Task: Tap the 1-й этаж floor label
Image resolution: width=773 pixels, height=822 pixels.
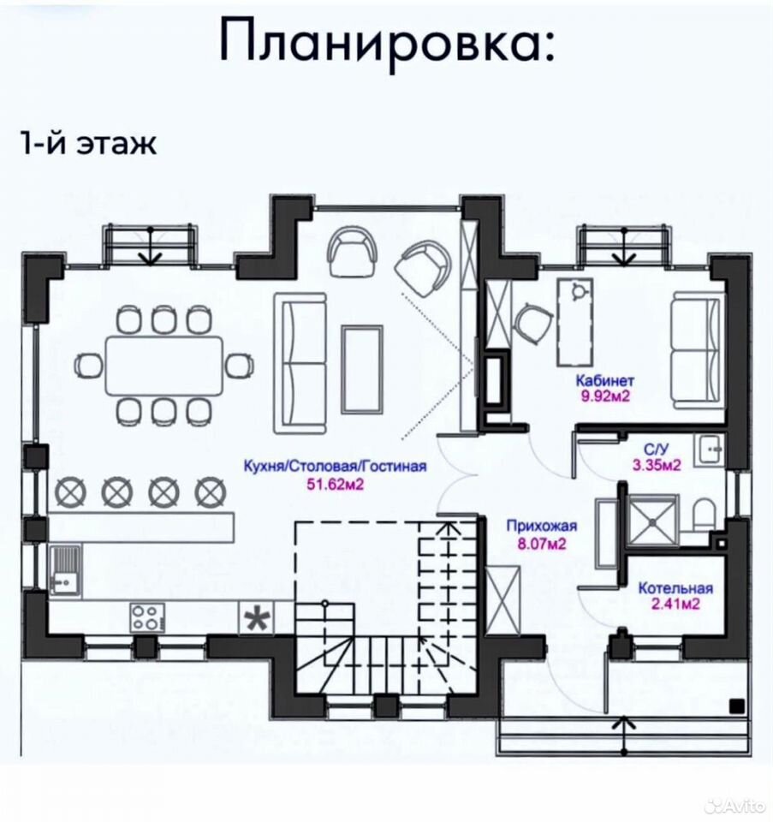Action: pyautogui.click(x=88, y=143)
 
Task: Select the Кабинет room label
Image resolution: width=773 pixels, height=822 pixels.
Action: pyautogui.click(x=604, y=380)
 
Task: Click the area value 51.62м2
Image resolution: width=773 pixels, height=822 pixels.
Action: pyautogui.click(x=335, y=484)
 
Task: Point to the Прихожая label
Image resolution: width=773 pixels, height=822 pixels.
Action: pyautogui.click(x=541, y=526)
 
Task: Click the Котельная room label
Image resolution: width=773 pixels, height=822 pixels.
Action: pyautogui.click(x=675, y=588)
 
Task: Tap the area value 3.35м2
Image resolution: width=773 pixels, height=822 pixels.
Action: pyautogui.click(x=657, y=465)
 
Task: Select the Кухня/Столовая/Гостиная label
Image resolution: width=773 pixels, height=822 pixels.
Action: pyautogui.click(x=336, y=466)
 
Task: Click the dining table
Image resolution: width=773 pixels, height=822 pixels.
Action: pyautogui.click(x=164, y=366)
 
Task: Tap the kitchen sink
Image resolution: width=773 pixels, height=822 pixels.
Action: pyautogui.click(x=66, y=570)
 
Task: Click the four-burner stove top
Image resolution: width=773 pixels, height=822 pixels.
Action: pyautogui.click(x=147, y=617)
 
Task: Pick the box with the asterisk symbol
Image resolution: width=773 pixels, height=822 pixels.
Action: pyautogui.click(x=256, y=617)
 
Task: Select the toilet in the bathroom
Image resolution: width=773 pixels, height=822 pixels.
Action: pyautogui.click(x=704, y=515)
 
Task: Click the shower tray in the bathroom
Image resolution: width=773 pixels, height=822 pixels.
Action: pyautogui.click(x=651, y=521)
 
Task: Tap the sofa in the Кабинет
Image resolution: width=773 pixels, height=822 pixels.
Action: pyautogui.click(x=698, y=350)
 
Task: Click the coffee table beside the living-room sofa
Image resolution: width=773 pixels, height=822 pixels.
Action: pyautogui.click(x=361, y=369)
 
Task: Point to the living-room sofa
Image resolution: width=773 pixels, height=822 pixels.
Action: pyautogui.click(x=300, y=363)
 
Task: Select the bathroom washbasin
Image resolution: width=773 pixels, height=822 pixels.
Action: pyautogui.click(x=710, y=450)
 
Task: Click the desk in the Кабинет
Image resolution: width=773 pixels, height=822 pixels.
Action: pyautogui.click(x=575, y=321)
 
